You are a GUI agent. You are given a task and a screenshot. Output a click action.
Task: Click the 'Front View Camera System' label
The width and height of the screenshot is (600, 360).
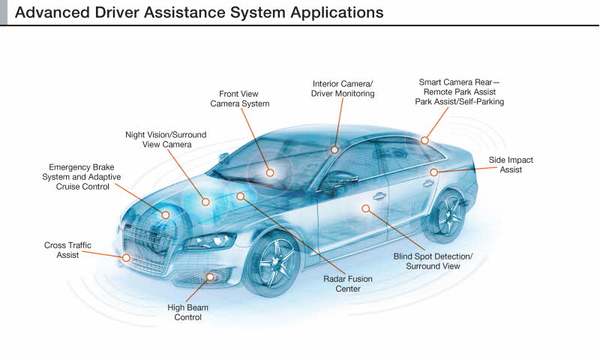coord(239,99)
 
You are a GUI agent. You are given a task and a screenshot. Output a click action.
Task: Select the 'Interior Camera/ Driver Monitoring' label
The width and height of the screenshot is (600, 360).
coord(343,88)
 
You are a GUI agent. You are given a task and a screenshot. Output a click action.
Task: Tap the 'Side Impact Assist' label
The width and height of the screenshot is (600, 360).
coord(511,165)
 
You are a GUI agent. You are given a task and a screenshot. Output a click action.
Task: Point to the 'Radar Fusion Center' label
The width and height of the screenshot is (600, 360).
coord(348,283)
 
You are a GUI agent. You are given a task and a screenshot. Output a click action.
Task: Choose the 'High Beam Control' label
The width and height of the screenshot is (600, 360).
coord(188,312)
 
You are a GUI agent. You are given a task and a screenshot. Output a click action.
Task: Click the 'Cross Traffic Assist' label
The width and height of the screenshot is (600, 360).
coord(67,250)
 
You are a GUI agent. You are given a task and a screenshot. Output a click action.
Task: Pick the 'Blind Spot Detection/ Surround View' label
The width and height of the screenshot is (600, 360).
coord(433,261)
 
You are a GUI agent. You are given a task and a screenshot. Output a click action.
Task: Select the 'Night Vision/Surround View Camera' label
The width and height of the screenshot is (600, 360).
coord(166,139)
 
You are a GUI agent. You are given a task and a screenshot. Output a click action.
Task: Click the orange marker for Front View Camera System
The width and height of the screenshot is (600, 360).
coord(270,173)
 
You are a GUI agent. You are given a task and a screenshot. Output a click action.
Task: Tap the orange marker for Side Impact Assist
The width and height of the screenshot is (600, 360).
coord(433,172)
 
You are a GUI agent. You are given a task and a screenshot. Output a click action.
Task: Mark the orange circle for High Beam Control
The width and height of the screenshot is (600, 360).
coord(210,277)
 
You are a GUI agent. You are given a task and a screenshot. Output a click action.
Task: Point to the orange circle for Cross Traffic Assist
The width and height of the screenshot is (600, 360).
coord(126,258)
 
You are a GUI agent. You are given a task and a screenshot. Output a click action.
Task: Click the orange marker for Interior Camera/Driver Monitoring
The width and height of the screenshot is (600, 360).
coord(334,150)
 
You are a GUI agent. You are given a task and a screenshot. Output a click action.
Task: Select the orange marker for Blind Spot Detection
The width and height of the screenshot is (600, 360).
coord(366,208)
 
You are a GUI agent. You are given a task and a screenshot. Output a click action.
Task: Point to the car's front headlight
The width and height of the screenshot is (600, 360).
coord(209,241)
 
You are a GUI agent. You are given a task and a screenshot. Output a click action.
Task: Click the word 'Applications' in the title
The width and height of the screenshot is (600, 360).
coord(337,13)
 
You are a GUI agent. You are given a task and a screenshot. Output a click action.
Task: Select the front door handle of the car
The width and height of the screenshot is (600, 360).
coord(379,196)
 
